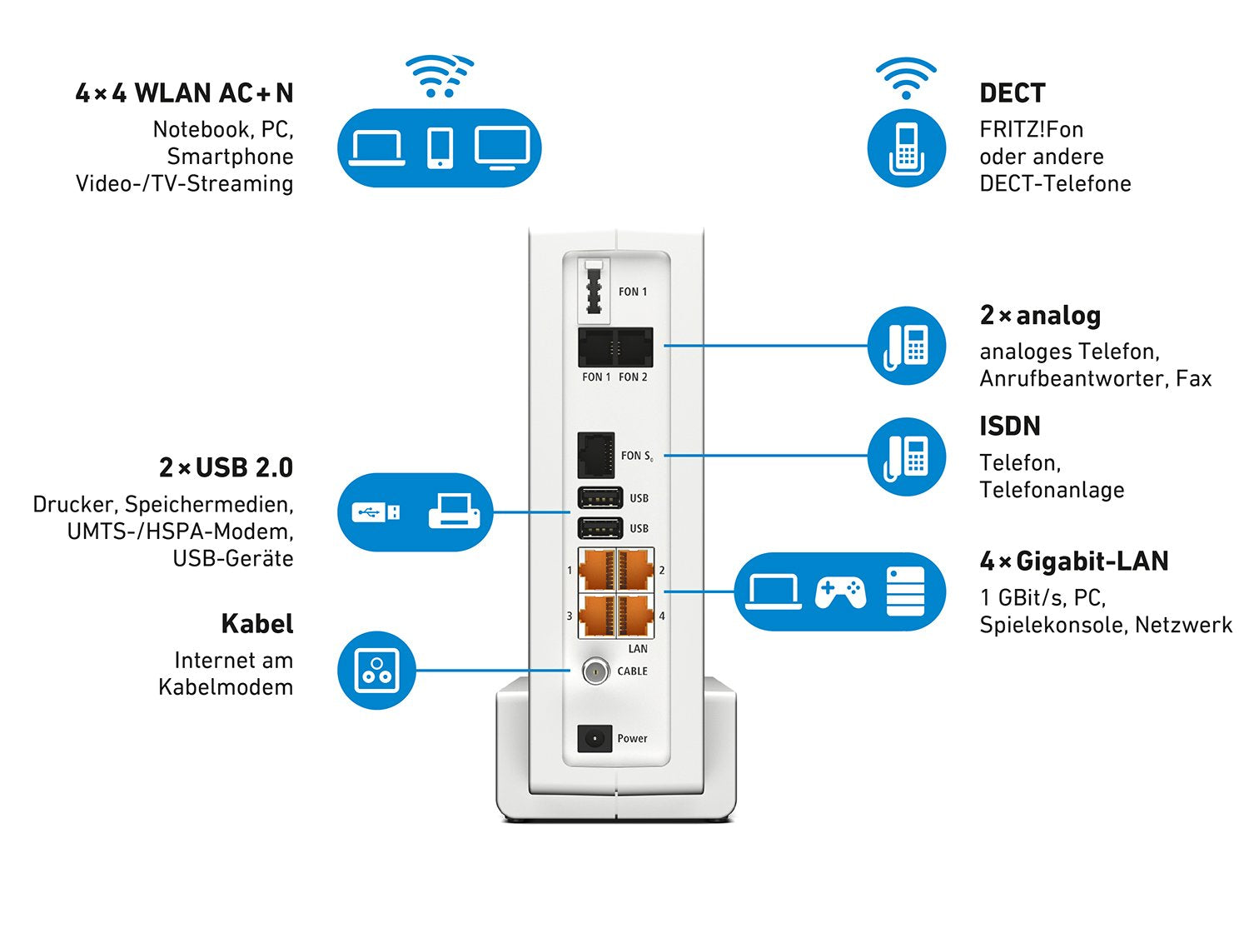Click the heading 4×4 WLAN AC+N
[184, 93]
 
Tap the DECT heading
[1012, 93]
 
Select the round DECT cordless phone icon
[906, 148]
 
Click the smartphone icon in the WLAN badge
[440, 148]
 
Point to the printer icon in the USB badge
[454, 511]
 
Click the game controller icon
[840, 592]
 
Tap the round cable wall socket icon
[376, 670]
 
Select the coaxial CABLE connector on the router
[595, 671]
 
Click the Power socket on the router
[595, 738]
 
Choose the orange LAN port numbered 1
[597, 570]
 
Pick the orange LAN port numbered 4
[634, 616]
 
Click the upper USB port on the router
[600, 498]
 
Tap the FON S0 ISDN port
[596, 455]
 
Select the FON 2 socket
[634, 347]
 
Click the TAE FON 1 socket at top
[594, 290]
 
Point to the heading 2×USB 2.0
[226, 468]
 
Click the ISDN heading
[1009, 427]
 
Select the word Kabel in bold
[256, 624]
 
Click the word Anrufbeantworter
[1073, 379]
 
